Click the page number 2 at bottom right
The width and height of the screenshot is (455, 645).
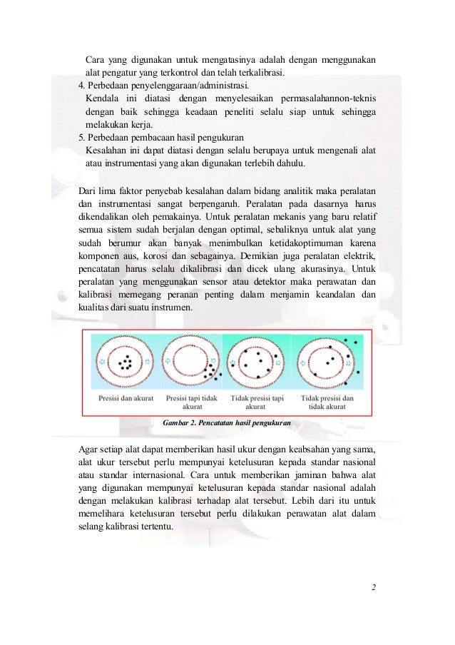pyautogui.click(x=373, y=589)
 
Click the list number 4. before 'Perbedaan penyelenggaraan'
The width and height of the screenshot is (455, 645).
pyautogui.click(x=81, y=85)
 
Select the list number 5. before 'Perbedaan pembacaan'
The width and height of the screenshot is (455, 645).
pyautogui.click(x=81, y=136)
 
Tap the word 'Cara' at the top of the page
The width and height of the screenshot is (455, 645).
pyautogui.click(x=94, y=59)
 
